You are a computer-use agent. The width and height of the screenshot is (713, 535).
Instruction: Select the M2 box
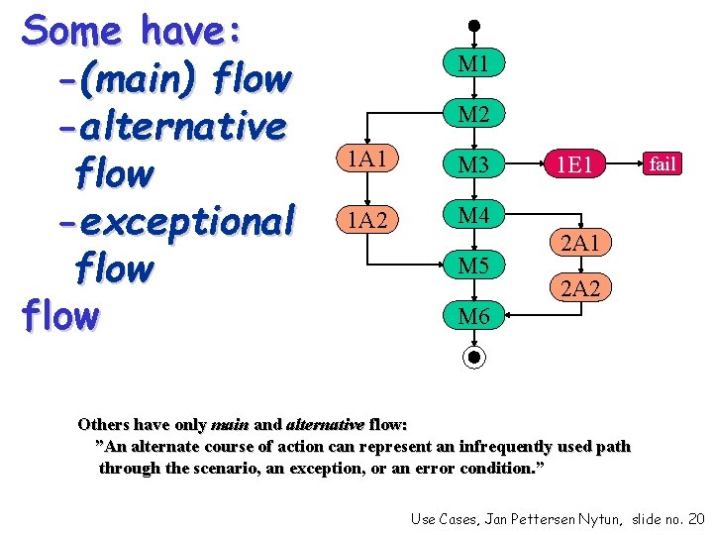(474, 115)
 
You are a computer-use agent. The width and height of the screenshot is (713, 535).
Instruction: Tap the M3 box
(474, 164)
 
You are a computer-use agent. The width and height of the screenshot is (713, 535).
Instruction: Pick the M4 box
(474, 215)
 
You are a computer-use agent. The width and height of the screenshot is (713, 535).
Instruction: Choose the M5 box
(474, 266)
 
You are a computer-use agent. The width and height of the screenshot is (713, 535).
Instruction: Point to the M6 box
(474, 316)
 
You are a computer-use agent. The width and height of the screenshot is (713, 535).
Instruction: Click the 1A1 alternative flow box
(366, 159)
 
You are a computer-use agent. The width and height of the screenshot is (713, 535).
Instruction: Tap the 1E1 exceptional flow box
(574, 164)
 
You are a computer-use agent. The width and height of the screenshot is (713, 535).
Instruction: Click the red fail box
(662, 163)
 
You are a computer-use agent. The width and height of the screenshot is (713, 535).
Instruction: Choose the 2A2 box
(580, 288)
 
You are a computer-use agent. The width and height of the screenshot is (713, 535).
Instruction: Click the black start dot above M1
(474, 26)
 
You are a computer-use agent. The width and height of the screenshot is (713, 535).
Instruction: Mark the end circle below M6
(474, 357)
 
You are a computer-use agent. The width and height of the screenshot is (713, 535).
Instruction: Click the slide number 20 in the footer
(694, 518)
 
